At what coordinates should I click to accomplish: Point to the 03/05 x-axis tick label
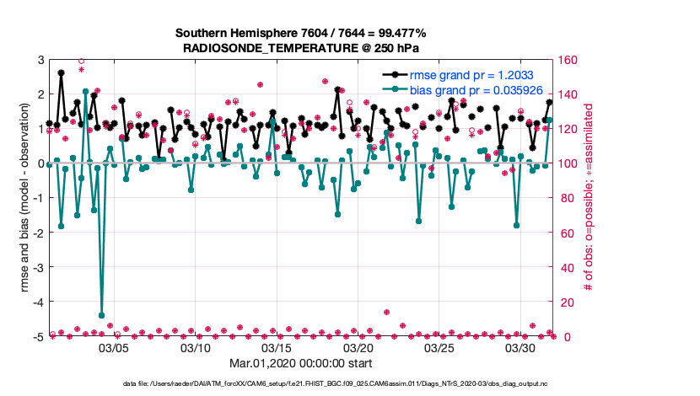point(114,347)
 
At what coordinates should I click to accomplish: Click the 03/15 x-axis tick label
point(277,347)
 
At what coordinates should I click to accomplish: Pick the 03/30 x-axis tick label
point(521,347)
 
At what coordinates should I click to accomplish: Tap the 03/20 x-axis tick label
point(358,347)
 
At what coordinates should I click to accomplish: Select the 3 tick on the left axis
point(40,60)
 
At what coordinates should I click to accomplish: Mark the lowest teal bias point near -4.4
point(101,315)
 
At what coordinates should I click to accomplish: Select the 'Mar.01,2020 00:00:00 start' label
point(301,365)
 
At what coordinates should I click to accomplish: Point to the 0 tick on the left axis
point(40,163)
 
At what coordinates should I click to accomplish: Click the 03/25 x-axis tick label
point(440,347)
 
